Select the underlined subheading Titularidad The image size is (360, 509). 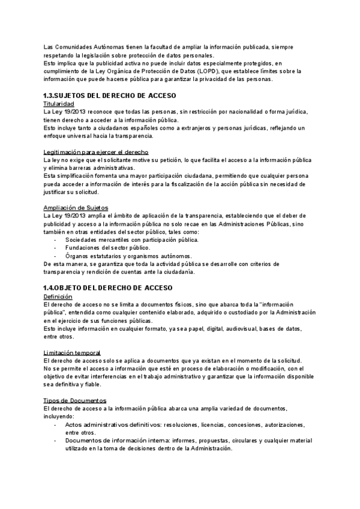tap(59, 104)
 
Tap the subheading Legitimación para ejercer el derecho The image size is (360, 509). tap(96, 152)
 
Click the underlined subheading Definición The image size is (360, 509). tap(58, 297)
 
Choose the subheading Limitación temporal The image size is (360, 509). tap(73, 352)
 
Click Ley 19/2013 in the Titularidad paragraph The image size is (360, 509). tap(65, 112)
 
